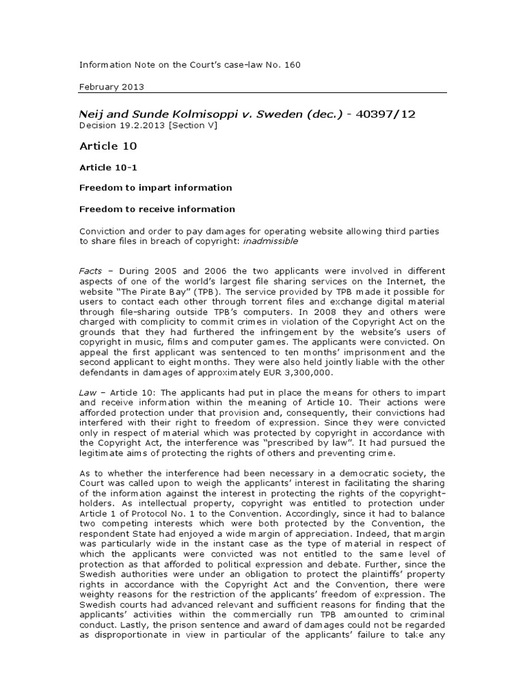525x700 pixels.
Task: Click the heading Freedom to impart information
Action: tap(155, 187)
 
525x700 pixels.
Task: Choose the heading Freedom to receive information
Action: tap(157, 209)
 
